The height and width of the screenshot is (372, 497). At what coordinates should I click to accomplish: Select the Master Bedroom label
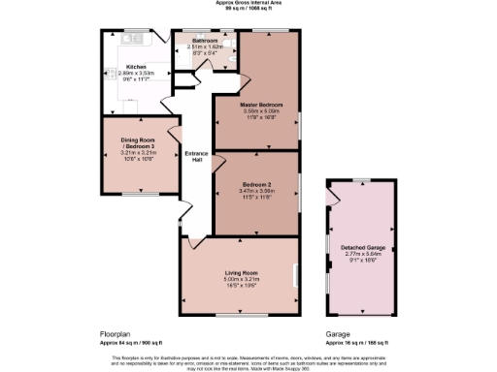click(x=257, y=104)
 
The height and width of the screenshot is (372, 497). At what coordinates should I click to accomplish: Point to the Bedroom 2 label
click(x=256, y=183)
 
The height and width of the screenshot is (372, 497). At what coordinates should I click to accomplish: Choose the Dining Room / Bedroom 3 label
click(x=136, y=147)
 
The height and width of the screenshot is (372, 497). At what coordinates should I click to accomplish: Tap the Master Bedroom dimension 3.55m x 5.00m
click(x=257, y=109)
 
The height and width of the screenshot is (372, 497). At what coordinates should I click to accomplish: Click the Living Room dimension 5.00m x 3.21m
click(x=238, y=279)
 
